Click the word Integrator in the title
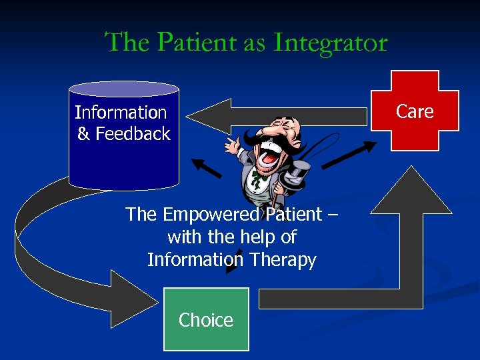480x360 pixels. point(331,43)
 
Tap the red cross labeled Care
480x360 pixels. point(415,111)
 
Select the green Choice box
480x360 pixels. point(206,319)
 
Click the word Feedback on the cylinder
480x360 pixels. point(133,134)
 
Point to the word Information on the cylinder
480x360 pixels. point(121,113)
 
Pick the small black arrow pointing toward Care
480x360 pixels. point(344,154)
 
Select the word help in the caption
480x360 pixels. point(261,237)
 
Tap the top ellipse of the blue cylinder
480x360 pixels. point(124,89)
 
